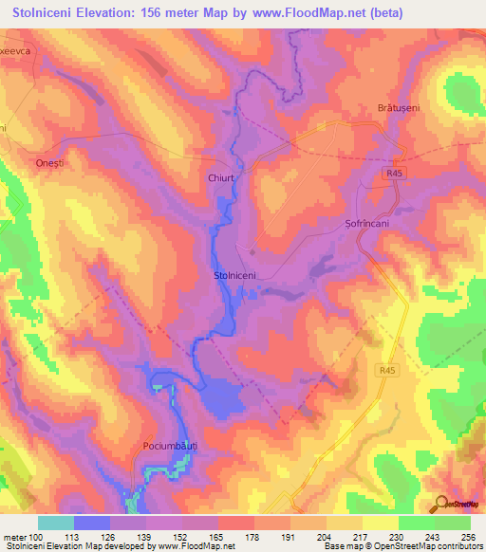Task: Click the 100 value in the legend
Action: click(x=37, y=538)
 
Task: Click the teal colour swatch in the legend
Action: click(x=56, y=523)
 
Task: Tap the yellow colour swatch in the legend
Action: click(x=381, y=523)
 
